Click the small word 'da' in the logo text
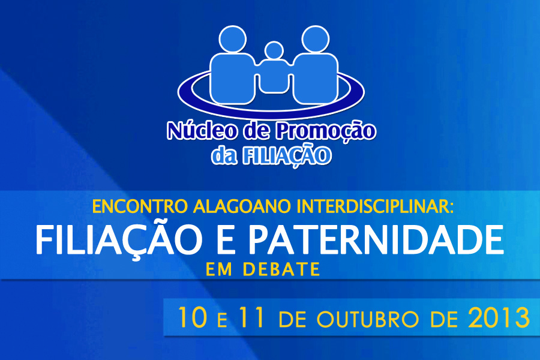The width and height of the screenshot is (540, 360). tap(224, 156)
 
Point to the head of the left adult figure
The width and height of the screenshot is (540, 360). tap(233, 39)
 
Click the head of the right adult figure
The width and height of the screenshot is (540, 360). tap(316, 39)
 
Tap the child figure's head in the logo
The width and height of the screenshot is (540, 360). tap(274, 51)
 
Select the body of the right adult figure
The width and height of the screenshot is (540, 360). tap(315, 79)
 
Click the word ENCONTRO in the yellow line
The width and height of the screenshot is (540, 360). tap(140, 206)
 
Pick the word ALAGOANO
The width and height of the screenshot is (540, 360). tap(242, 206)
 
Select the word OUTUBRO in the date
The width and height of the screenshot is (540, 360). tap(367, 319)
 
